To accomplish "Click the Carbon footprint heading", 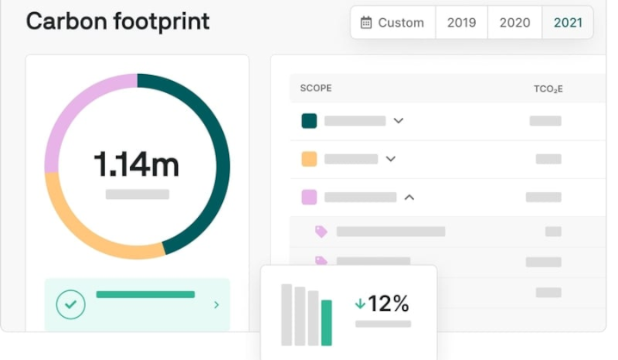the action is point(117,22).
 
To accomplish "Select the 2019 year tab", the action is point(461,22).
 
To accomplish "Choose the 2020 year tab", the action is point(515,22).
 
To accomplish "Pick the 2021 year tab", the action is point(568,22).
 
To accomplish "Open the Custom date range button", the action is point(393,22).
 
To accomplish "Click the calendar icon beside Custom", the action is point(366,22).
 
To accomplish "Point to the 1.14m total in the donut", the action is point(136,164).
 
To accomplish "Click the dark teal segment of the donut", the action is point(222,165).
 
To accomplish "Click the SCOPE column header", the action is point(316,88).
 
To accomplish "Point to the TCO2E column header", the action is point(548,89).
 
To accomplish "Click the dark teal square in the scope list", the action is point(309,121).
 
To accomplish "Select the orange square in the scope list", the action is point(309,159).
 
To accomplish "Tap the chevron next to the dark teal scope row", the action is point(399,121).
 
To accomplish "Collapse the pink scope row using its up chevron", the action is point(410,197).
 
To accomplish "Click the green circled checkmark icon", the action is point(71,304).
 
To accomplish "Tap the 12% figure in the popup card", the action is point(388,304).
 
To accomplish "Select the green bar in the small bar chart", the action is point(326,323).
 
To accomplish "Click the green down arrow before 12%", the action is point(360,304).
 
